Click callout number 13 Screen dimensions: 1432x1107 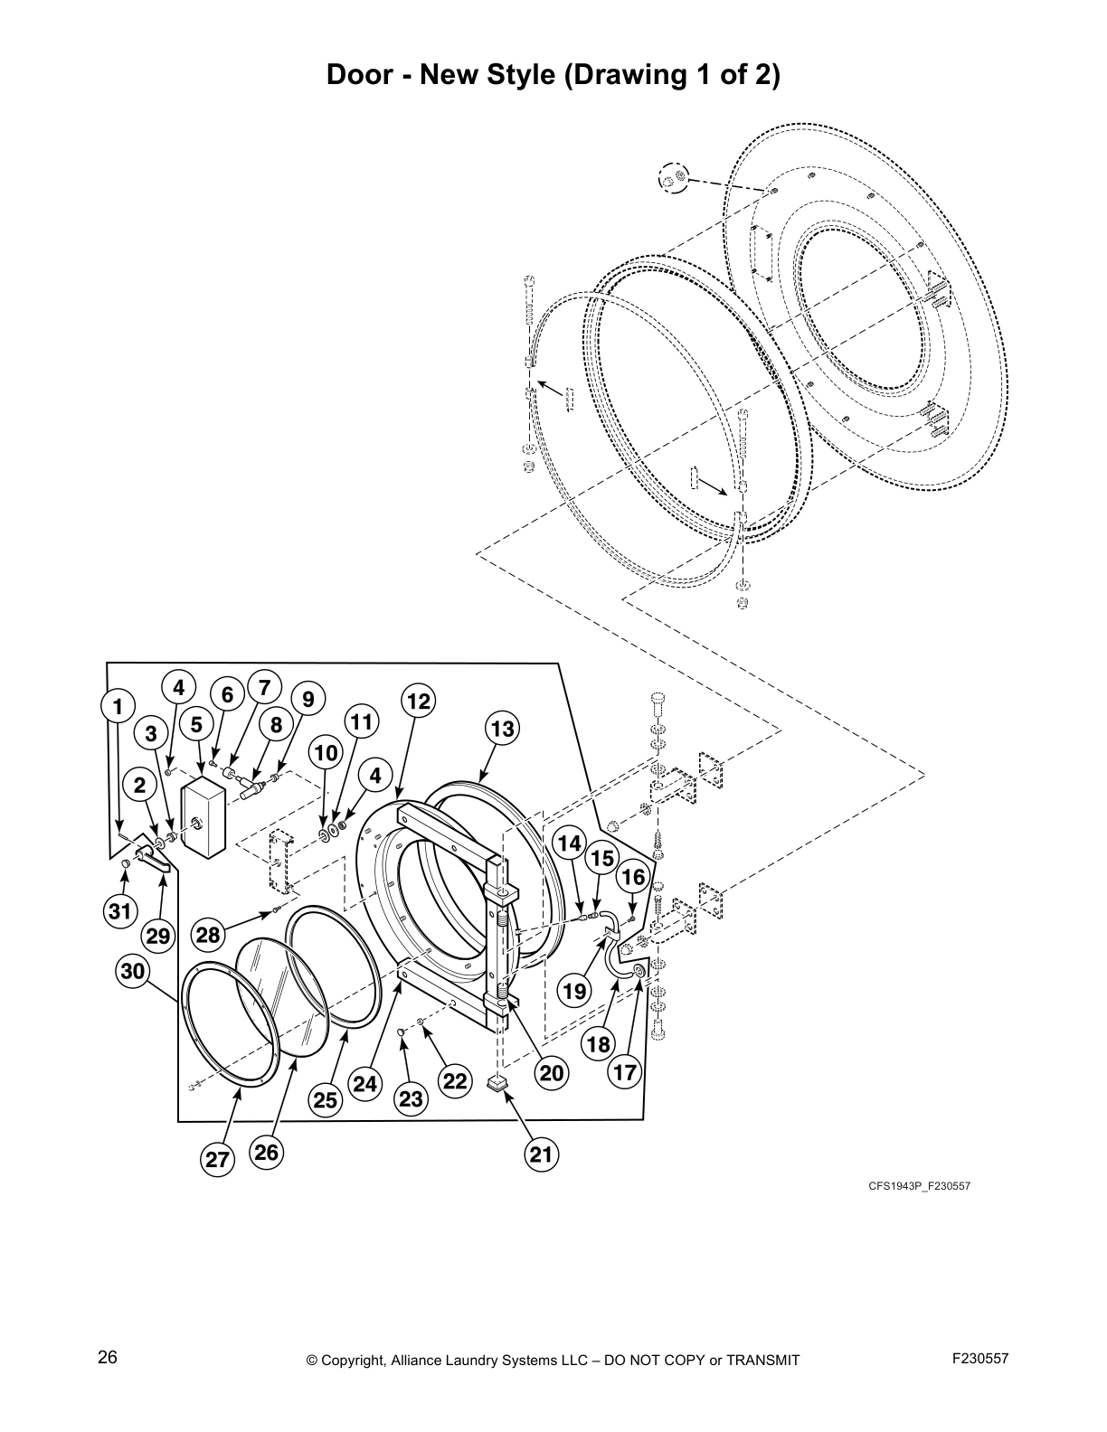[x=502, y=729]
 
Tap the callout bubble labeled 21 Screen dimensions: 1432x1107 [x=540, y=1154]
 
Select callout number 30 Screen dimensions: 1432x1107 [x=133, y=972]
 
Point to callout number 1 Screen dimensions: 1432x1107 [x=118, y=706]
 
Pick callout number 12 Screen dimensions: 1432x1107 [x=418, y=701]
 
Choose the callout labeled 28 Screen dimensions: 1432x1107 [x=209, y=935]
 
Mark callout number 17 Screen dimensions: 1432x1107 [x=626, y=1073]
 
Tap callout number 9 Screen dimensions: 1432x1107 [x=308, y=699]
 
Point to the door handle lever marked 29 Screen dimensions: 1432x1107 [x=154, y=858]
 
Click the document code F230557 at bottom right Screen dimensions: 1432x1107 [x=980, y=1358]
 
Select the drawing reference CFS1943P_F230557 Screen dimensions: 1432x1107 [x=920, y=1186]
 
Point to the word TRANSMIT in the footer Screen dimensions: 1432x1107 [x=762, y=1360]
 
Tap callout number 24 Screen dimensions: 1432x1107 [x=366, y=1082]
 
